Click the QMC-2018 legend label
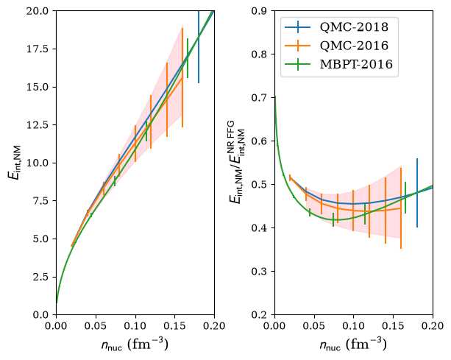pyautogui.click(x=354, y=27)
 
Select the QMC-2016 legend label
pyautogui.click(x=354, y=46)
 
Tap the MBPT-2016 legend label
pyautogui.click(x=356, y=64)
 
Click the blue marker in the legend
pyautogui.click(x=298, y=27)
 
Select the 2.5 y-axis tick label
pyautogui.click(x=43, y=277)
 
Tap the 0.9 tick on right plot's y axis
pyautogui.click(x=261, y=11)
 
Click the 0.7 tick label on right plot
pyautogui.click(x=261, y=98)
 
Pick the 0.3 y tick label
pyautogui.click(x=261, y=272)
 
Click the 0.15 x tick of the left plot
pyautogui.click(x=174, y=325)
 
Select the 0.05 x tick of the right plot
pyautogui.click(x=314, y=325)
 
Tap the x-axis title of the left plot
pyautogui.click(x=135, y=344)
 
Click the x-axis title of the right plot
pyautogui.click(x=353, y=344)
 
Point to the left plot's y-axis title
pyautogui.click(x=15, y=163)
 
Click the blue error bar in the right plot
pyautogui.click(x=417, y=193)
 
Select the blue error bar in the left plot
pyautogui.click(x=199, y=47)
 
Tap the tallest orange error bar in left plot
pyautogui.click(x=182, y=77)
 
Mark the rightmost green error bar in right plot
pyautogui.click(x=405, y=198)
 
